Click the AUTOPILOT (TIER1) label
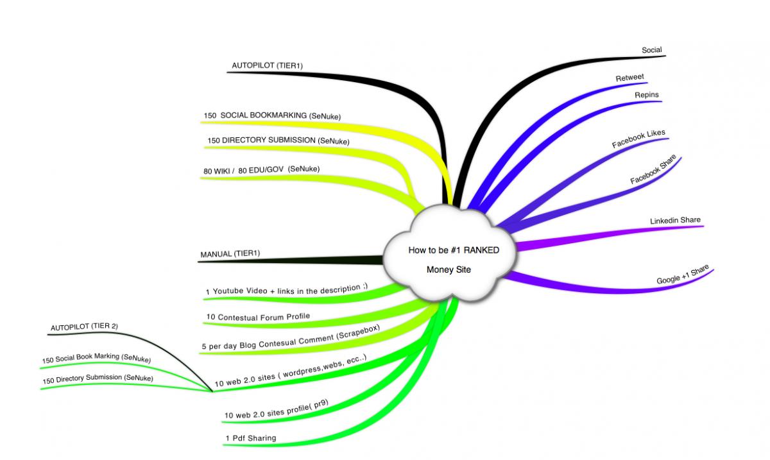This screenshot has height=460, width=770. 267,65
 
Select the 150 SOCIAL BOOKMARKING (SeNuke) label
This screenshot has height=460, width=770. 272,115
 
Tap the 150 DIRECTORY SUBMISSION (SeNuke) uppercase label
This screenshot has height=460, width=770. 278,141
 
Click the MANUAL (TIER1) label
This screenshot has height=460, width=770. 230,253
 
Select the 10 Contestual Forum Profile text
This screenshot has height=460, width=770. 258,317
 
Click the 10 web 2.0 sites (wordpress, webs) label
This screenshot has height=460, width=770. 291,371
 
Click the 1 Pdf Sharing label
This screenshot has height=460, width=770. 251,438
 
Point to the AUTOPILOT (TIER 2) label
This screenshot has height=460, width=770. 84,327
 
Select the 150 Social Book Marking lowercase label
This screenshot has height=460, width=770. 97,358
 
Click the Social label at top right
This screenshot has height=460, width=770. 652,50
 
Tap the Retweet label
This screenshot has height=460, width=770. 629,78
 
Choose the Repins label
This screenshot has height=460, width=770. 647,94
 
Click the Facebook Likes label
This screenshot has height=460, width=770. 638,139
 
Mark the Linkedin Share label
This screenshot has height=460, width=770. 675,220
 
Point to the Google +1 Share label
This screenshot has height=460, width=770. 683,274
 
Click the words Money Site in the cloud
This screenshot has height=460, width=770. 449,269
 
